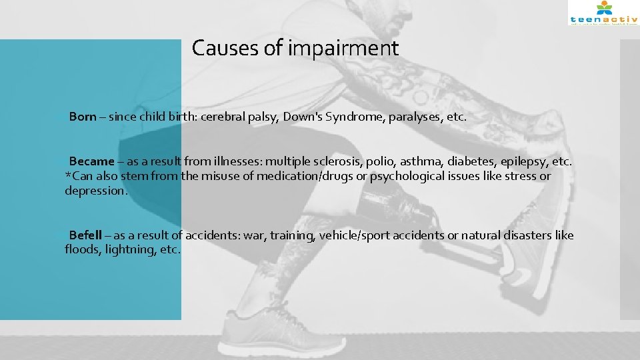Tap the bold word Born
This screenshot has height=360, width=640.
(x=83, y=117)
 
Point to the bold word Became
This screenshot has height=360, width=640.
(x=91, y=161)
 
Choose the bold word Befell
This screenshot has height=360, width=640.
(x=85, y=235)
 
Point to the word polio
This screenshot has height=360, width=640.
(x=383, y=161)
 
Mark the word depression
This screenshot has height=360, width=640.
(x=95, y=191)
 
